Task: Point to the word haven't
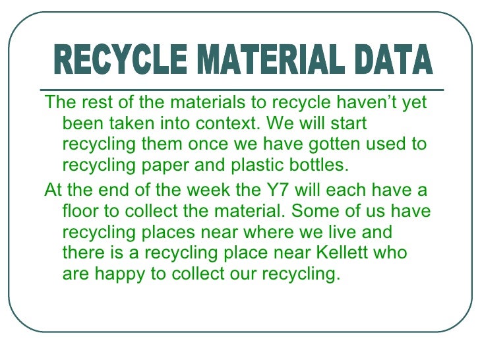click(x=354, y=104)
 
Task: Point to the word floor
click(x=82, y=212)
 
